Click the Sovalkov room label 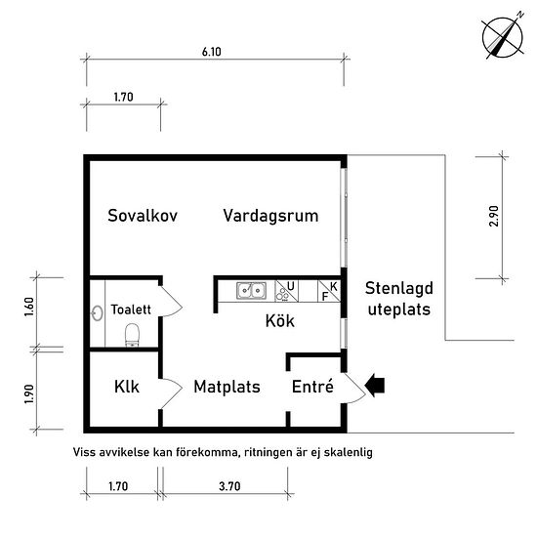pos(143,216)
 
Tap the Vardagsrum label pos(270,216)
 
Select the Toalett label pos(131,310)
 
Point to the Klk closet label pos(127,387)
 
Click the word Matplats pos(227,387)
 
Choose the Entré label pos(312,387)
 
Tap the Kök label pos(280,321)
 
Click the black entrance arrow pos(375,386)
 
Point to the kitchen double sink pos(251,291)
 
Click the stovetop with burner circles pos(286,291)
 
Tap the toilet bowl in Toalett pos(132,335)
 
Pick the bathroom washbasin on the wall pos(98,313)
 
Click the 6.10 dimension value pos(212,52)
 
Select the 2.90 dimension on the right pos(494,216)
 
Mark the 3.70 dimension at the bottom pos(229,486)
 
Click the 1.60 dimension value pos(29,308)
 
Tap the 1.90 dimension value pos(29,393)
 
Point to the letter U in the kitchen pos(290,286)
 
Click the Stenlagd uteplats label pos(399,299)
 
